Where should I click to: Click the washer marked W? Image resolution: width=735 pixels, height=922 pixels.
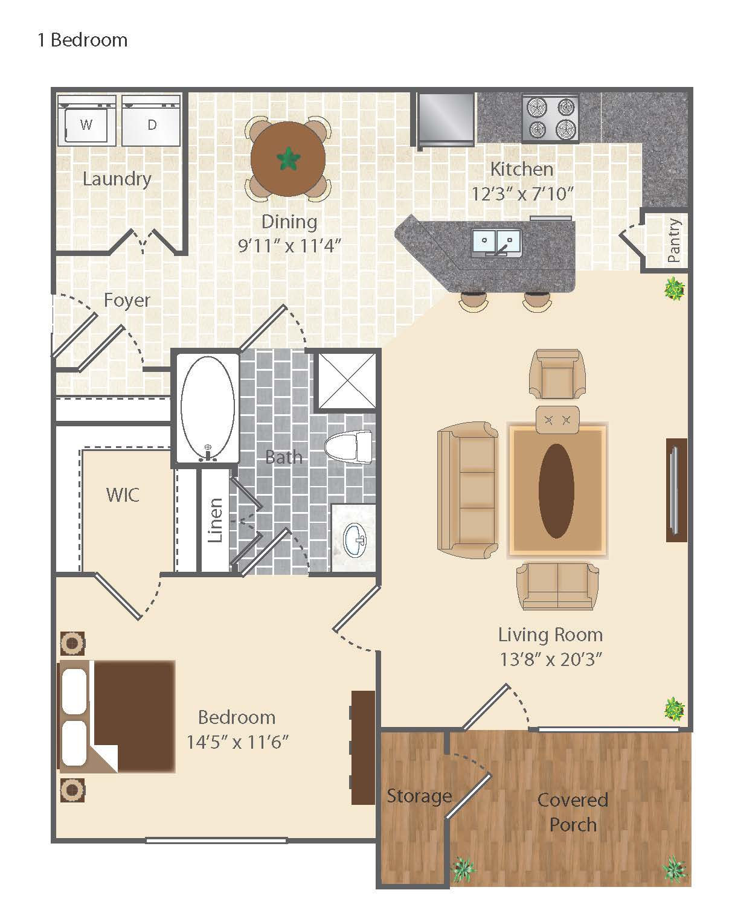coord(86,120)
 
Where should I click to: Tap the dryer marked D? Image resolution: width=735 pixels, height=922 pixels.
coord(151,120)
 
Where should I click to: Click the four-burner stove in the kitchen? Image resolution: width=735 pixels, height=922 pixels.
coord(550,118)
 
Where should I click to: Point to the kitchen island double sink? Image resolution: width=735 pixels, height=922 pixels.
coord(496,243)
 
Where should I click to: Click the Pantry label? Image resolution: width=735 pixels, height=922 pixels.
coord(674,240)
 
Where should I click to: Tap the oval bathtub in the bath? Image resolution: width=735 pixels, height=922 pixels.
coord(208,409)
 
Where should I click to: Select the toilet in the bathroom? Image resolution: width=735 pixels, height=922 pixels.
coord(348,447)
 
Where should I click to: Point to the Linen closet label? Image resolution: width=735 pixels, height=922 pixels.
coord(215,520)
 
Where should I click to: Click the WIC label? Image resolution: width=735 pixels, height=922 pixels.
coord(123,495)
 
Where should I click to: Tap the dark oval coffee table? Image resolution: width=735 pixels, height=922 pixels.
coord(556,491)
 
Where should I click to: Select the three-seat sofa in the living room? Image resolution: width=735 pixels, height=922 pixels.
coord(467,490)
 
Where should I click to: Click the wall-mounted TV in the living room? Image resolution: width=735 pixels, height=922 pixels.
coord(676,490)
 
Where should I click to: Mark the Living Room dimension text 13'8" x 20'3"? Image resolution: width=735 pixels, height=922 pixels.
coord(551,659)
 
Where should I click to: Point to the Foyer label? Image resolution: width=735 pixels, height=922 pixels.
coord(127,300)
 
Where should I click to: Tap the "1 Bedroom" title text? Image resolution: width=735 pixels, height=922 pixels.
coord(83,40)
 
